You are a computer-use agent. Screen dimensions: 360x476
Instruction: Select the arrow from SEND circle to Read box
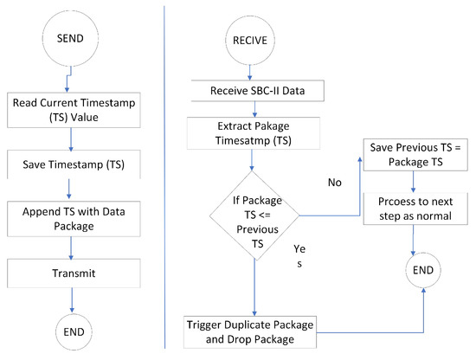(x=72, y=80)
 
